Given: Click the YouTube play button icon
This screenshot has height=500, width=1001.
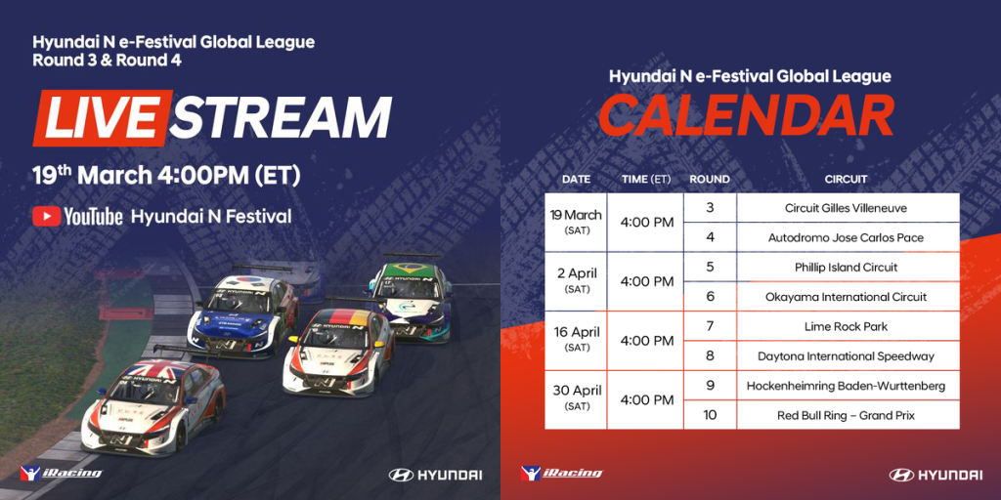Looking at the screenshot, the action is click(47, 216).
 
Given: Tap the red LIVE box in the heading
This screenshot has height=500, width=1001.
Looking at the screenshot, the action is click(101, 118).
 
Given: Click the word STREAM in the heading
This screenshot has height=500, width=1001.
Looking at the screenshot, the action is click(281, 118).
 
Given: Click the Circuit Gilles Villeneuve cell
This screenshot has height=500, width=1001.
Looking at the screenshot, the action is click(848, 208).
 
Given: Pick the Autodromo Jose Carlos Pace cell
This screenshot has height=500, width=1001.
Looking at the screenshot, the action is click(848, 237).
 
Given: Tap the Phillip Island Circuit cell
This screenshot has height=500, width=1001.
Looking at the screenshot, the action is click(848, 268).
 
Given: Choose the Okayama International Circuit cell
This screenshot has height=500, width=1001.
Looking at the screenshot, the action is click(848, 297).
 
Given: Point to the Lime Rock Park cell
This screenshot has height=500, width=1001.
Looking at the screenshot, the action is click(848, 326).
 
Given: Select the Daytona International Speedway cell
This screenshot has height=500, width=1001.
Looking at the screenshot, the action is click(848, 355).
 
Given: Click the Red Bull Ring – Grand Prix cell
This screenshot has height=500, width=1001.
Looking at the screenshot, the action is click(848, 415).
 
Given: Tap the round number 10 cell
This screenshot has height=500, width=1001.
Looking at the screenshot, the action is click(710, 415).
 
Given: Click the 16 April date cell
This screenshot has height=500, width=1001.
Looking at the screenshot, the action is click(576, 341).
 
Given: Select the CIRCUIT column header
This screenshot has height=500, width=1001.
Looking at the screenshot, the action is click(846, 180).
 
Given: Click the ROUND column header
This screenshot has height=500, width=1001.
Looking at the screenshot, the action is click(710, 180).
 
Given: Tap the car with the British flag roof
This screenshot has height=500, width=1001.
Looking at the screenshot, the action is click(152, 405).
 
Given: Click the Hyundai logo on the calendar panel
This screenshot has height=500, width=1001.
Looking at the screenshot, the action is click(936, 475).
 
